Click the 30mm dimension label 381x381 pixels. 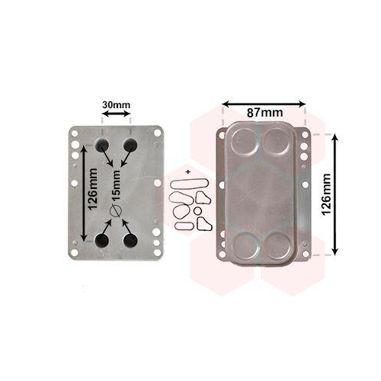pyautogui.click(x=116, y=105)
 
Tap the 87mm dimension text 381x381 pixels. pyautogui.click(x=264, y=113)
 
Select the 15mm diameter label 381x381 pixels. pyautogui.click(x=116, y=186)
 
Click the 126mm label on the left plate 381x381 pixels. pyautogui.click(x=93, y=189)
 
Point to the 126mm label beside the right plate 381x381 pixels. pyautogui.click(x=326, y=194)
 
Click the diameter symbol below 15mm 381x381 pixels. pyautogui.click(x=116, y=211)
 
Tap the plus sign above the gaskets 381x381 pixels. pyautogui.click(x=188, y=172)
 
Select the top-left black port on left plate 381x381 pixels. pyautogui.click(x=102, y=145)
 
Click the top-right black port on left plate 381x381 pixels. pyautogui.click(x=130, y=145)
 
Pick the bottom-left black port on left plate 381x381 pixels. pyautogui.click(x=101, y=241)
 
